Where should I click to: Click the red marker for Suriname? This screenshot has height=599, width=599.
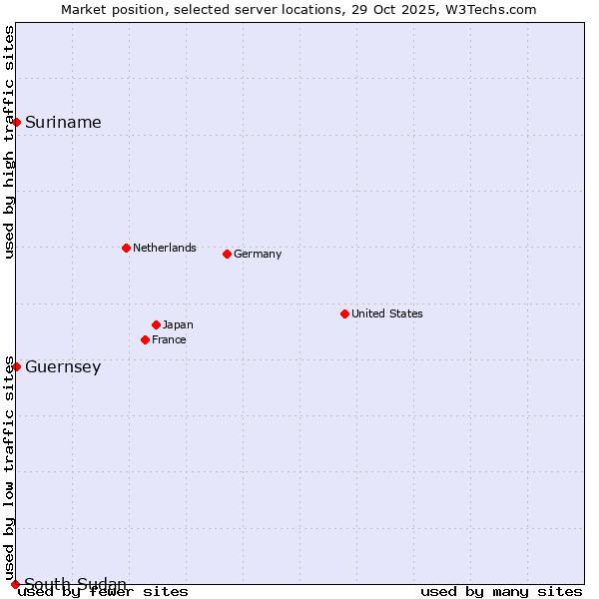(17, 123)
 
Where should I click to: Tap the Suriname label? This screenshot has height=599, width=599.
(63, 123)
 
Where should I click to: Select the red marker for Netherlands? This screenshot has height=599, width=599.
(126, 248)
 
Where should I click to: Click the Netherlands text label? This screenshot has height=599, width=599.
(165, 248)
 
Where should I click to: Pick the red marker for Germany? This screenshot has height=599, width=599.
(227, 254)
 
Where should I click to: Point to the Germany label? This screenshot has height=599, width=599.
(258, 254)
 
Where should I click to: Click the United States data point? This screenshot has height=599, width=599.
(344, 313)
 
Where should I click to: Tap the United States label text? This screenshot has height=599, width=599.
(387, 313)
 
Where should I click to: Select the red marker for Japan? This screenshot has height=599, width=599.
(156, 324)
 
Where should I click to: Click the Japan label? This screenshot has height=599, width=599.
(178, 324)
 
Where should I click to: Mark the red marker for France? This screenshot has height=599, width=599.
(145, 339)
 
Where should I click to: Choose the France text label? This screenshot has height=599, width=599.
(169, 339)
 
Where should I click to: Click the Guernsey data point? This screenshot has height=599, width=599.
(17, 366)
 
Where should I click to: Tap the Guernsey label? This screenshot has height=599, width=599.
(63, 367)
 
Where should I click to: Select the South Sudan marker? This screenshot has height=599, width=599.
(15, 584)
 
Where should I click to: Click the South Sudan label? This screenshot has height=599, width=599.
(76, 584)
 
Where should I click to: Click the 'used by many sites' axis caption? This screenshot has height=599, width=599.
(501, 592)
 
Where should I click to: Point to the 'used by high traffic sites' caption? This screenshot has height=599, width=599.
(10, 142)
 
